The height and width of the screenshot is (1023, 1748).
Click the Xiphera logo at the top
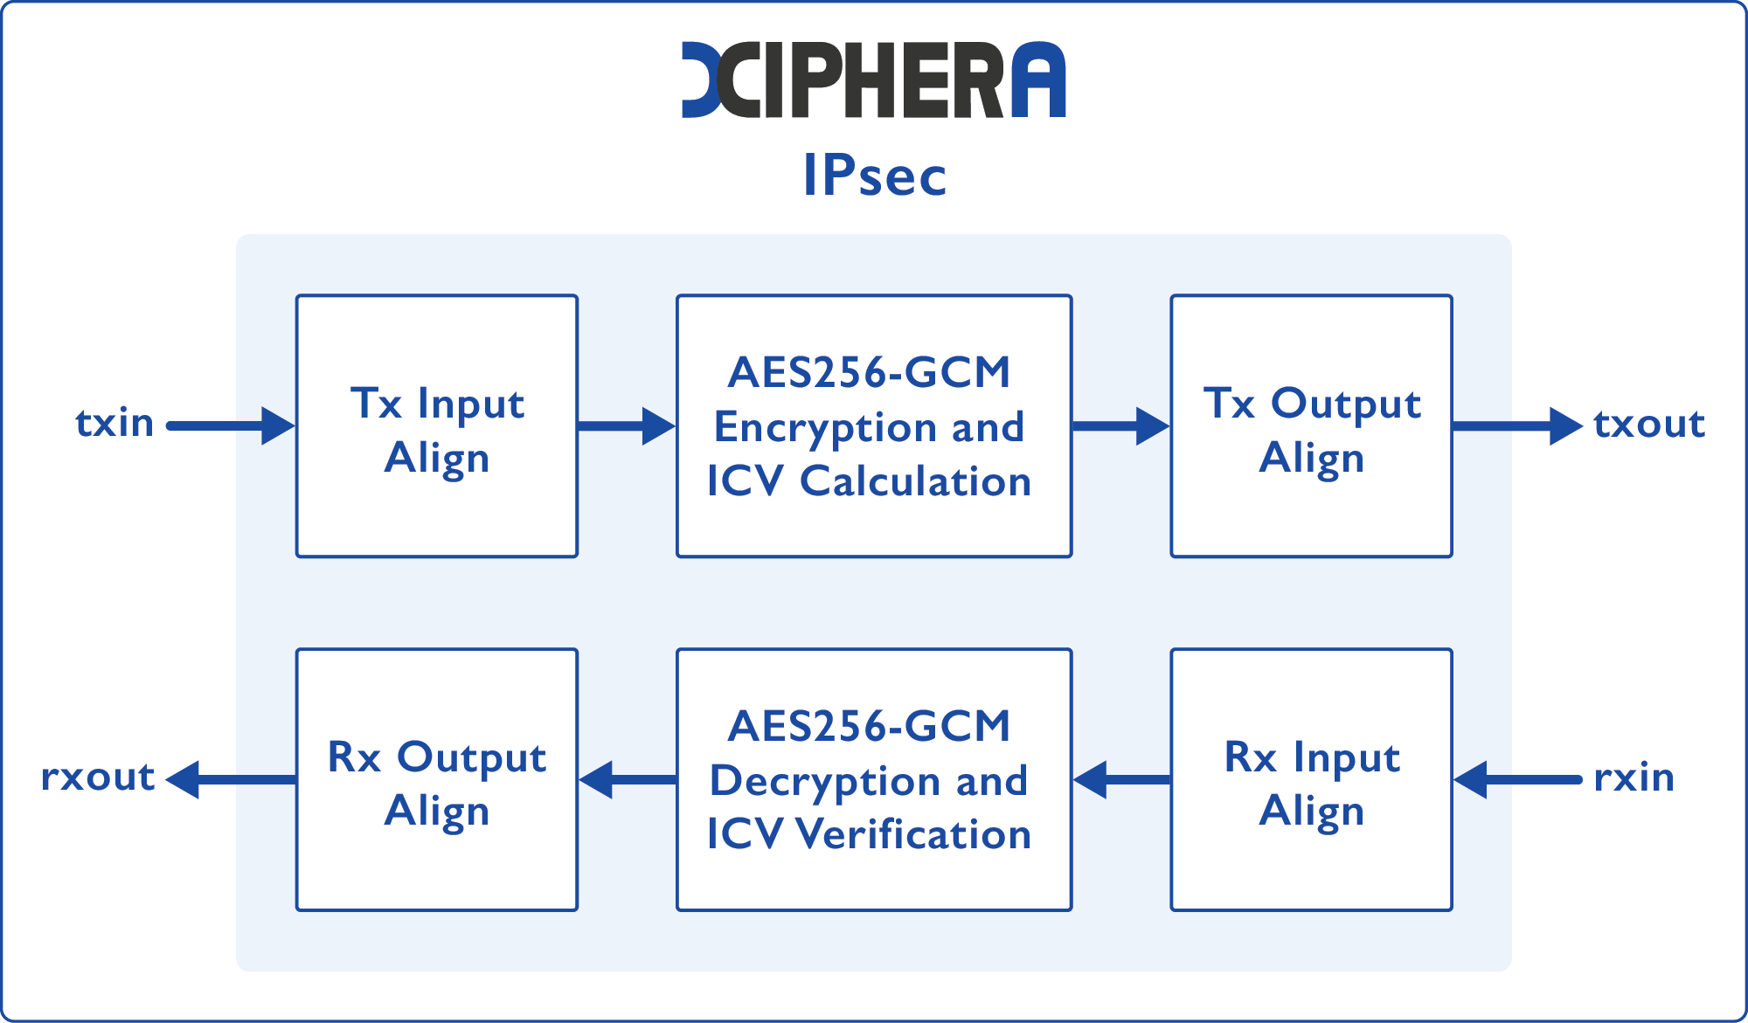[x=874, y=79]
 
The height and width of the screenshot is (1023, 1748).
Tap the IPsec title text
[x=874, y=176]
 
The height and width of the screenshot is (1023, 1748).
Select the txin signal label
[x=114, y=424]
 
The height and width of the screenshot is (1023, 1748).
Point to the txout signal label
[x=1648, y=424]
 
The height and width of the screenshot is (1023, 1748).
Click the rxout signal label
[x=98, y=778]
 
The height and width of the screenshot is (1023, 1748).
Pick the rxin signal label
[x=1634, y=778]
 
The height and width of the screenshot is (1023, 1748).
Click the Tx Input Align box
[x=437, y=426]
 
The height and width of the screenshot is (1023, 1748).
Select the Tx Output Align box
[x=1311, y=426]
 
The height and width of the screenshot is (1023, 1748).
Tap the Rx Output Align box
[x=437, y=779]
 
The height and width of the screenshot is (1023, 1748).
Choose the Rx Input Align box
[x=1311, y=779]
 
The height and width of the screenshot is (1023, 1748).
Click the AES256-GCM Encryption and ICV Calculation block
[x=874, y=426]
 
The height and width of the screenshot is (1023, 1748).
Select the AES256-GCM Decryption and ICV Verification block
[x=874, y=779]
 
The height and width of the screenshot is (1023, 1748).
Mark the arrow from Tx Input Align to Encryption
[x=626, y=426]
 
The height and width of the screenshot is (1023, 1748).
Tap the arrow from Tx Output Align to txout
[x=1517, y=426]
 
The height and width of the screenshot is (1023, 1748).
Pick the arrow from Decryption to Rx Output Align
[x=627, y=779]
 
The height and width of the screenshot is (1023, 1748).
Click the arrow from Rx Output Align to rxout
[x=231, y=779]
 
